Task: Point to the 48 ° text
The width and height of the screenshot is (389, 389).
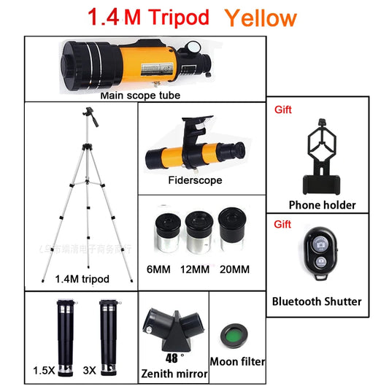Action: [174, 358]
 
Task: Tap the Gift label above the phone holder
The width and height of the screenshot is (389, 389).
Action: [283, 110]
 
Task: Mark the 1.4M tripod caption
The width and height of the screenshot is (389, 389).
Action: [82, 279]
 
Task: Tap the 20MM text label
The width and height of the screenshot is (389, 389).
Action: [234, 270]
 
